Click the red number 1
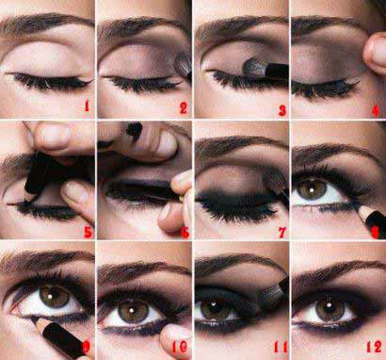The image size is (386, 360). point(87,106)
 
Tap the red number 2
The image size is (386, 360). point(184,107)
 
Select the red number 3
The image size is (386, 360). point(282,110)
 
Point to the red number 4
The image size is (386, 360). point(376,110)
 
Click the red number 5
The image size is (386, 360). point(88,232)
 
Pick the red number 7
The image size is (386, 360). point(282,233)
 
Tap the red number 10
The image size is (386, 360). point(180,346)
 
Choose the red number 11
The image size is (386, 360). point(281,347)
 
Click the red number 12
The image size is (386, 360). point(374,347)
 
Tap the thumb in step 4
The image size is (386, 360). point(375,53)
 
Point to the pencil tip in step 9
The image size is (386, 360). point(33,319)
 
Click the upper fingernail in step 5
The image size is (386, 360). point(56,137)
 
